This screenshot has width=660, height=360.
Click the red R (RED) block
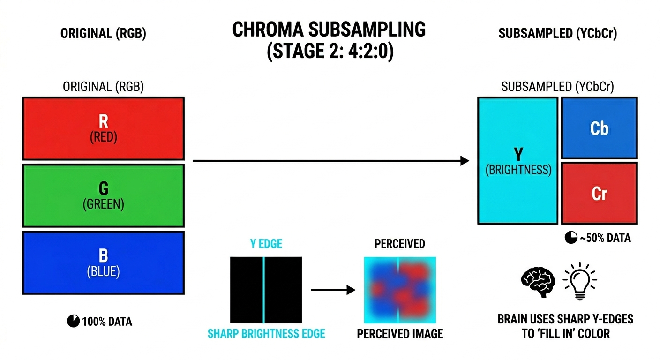click(x=103, y=128)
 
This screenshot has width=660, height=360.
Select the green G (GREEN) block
click(x=103, y=195)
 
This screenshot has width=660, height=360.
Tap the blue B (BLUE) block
click(x=103, y=262)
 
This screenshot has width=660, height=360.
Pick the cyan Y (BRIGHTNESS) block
click(x=518, y=160)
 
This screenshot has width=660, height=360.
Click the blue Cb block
click(x=599, y=128)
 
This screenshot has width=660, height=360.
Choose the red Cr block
click(x=599, y=193)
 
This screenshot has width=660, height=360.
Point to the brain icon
click(x=537, y=280)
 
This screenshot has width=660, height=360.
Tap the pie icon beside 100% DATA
click(x=73, y=322)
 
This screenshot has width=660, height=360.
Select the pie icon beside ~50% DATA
click(x=570, y=238)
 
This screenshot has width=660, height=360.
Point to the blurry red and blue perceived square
click(x=400, y=290)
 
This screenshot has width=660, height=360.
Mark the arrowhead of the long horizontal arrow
click(x=465, y=161)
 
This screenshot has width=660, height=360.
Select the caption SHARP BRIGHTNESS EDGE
click(x=266, y=334)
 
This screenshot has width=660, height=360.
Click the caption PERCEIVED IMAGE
click(x=400, y=334)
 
